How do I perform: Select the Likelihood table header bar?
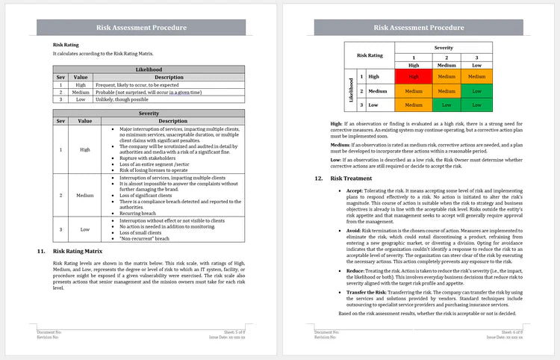149,69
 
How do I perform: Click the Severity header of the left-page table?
149,113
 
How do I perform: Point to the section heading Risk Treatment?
350,179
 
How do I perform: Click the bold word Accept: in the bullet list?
355,191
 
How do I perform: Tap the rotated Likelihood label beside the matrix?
350,91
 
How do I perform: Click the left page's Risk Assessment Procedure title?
141,28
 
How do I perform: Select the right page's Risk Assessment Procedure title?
418,28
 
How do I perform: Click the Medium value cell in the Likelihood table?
81,92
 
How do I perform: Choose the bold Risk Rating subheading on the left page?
65,45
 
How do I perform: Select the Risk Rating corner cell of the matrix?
370,55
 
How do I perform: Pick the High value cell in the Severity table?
85,150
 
